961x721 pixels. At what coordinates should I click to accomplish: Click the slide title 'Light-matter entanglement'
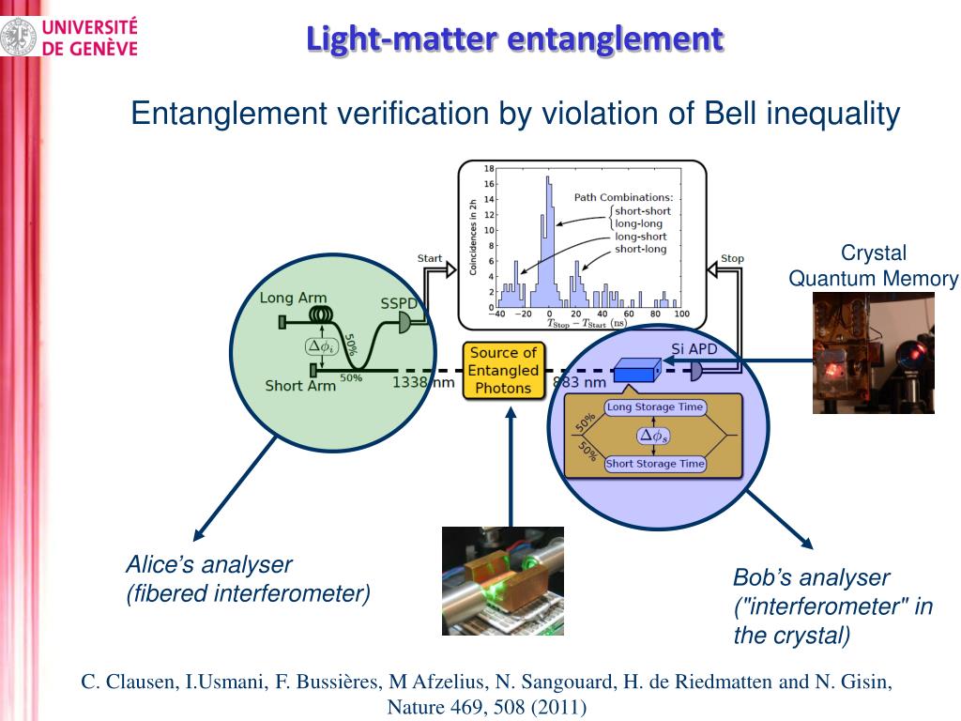click(515, 38)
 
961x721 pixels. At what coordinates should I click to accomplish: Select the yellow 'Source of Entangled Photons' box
click(504, 370)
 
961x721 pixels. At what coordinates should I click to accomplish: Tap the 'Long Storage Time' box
click(655, 407)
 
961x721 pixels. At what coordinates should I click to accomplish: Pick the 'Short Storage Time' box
click(655, 464)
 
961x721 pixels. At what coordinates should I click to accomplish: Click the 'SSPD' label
click(398, 303)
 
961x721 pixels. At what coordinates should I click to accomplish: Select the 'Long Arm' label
click(293, 298)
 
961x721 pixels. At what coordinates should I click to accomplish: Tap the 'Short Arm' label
click(300, 386)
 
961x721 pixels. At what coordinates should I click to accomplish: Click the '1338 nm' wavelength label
click(423, 382)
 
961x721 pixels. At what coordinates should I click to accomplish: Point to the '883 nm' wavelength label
click(579, 382)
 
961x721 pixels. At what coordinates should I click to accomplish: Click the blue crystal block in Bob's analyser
click(635, 372)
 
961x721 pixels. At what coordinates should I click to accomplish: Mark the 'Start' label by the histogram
click(430, 258)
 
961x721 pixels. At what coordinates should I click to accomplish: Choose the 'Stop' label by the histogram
click(732, 258)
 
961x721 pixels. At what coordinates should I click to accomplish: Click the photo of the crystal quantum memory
click(873, 353)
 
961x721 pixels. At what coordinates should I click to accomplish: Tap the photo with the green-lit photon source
click(502, 580)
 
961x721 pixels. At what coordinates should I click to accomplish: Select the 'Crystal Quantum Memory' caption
click(873, 266)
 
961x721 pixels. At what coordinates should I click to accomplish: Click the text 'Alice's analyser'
click(209, 565)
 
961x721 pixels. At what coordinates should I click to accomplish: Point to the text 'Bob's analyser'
click(811, 577)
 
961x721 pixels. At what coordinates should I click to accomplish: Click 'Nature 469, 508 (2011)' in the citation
click(486, 707)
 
